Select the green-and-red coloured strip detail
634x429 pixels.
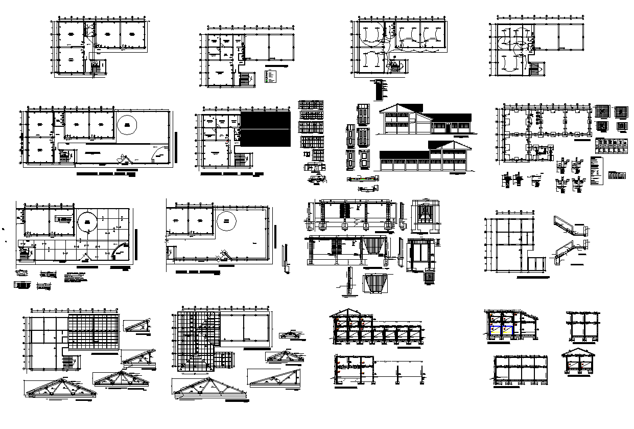click(x=362, y=178)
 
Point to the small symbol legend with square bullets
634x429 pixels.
click(x=271, y=76)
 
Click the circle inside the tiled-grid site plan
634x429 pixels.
click(x=88, y=221)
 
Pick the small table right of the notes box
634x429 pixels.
click(x=617, y=175)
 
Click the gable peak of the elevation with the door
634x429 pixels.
click(x=399, y=106)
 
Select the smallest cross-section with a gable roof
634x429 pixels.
click(x=579, y=363)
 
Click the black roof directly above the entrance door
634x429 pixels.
click(x=450, y=117)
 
